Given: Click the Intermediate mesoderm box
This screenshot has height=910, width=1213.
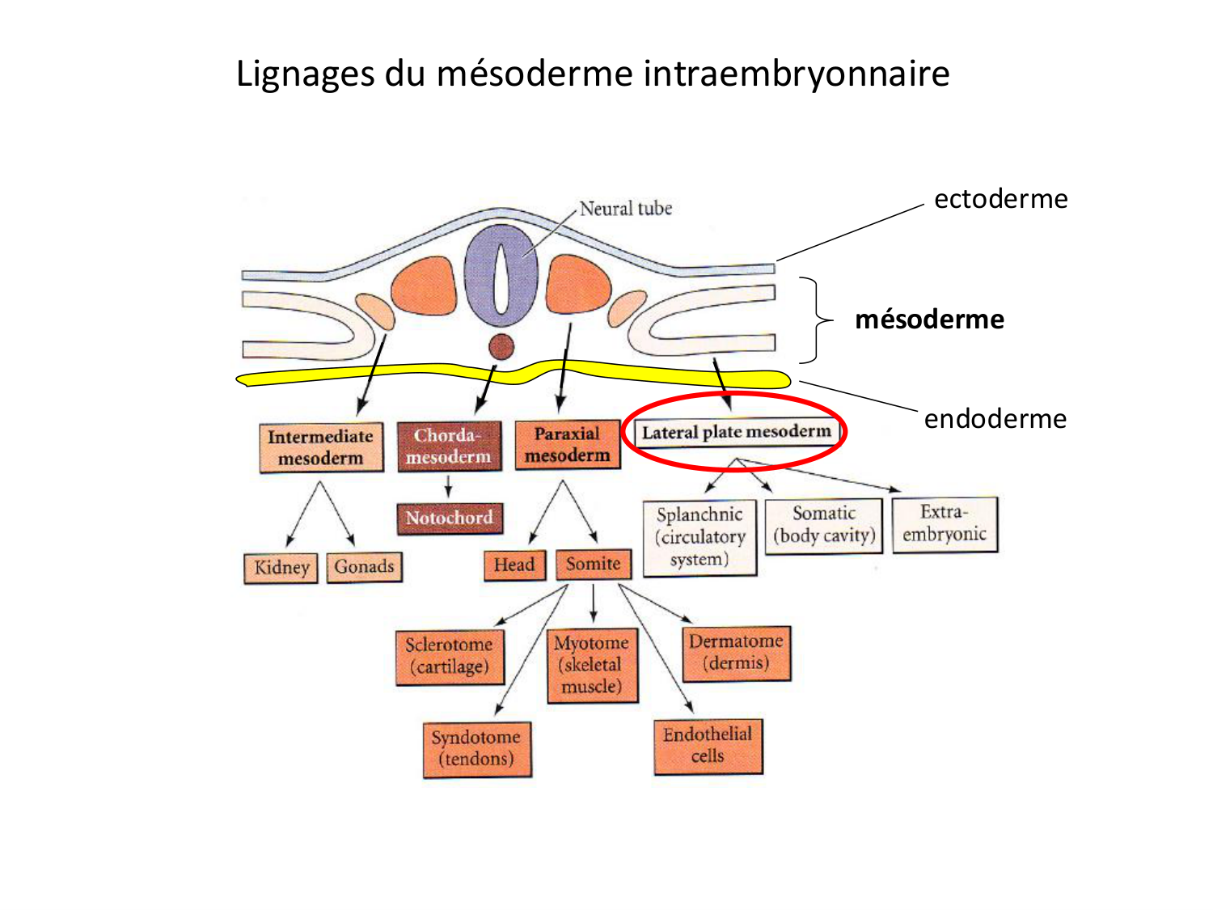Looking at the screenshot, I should click(x=321, y=447).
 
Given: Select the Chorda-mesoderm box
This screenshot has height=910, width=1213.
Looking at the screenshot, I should click(x=449, y=446).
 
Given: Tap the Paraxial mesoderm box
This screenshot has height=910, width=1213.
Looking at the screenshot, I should click(x=567, y=445).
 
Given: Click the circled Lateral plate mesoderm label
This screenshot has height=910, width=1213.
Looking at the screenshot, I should click(x=736, y=432).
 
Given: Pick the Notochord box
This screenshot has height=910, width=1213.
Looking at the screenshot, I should click(x=449, y=518).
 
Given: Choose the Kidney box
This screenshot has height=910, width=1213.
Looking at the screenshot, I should click(x=281, y=567).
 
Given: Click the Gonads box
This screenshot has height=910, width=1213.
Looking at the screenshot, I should click(x=364, y=566).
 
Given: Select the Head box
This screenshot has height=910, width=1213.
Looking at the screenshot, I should click(x=514, y=565).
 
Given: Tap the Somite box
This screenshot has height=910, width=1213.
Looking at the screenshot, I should click(x=593, y=564).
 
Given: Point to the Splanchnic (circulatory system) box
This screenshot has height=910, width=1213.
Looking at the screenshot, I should click(x=699, y=537).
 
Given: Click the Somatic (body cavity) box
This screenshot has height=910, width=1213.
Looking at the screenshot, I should click(x=824, y=525).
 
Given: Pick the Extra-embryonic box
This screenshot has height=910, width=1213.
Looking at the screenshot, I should click(x=945, y=523).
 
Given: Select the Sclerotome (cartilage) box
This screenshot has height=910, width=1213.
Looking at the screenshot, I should click(x=450, y=656).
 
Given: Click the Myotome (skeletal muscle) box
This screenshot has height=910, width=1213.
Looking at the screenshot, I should click(x=592, y=665).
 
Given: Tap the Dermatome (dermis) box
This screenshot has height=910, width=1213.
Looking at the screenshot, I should click(x=736, y=652).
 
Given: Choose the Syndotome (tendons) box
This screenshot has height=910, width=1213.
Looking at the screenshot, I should click(x=476, y=748).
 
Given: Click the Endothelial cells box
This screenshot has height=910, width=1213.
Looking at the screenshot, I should click(x=708, y=745).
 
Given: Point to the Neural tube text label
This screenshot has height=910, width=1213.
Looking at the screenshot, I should click(x=625, y=209).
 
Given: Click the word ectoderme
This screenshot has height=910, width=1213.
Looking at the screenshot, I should click(x=1000, y=199).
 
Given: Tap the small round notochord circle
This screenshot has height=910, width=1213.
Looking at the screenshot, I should click(x=501, y=346).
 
